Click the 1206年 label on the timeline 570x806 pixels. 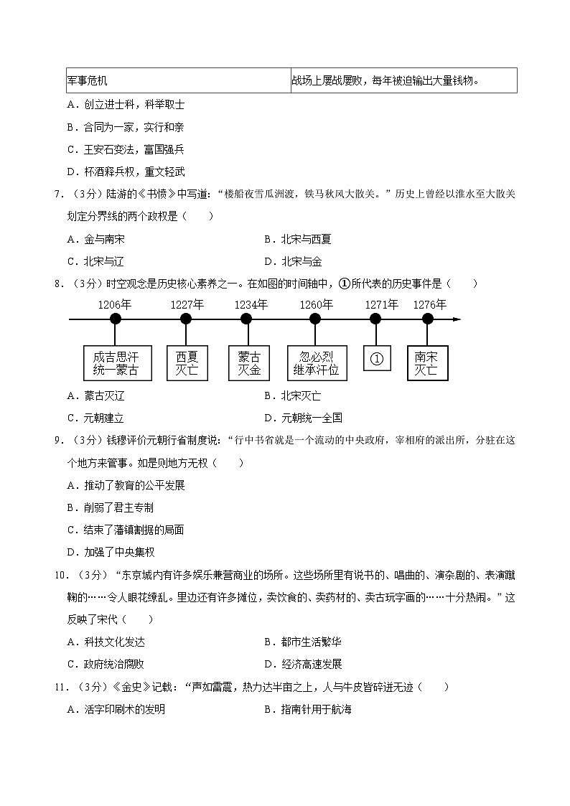tap(115, 304)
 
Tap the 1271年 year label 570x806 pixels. tap(381, 304)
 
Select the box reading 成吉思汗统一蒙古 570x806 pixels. tap(115, 364)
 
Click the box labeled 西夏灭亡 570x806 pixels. tap(186, 364)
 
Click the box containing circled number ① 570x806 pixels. tap(377, 357)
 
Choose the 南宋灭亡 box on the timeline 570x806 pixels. tap(427, 364)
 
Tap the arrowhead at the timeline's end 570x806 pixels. tap(457, 319)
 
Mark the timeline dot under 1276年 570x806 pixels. tap(427, 319)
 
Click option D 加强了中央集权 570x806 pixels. tap(111, 552)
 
